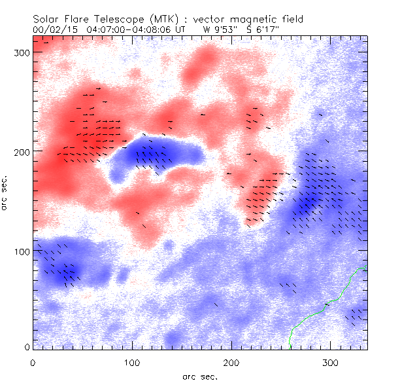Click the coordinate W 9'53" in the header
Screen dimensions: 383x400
pos(218,29)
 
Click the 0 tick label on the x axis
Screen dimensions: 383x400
pos(33,362)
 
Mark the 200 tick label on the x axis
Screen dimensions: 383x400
pos(231,362)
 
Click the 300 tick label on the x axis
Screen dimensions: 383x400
pos(330,362)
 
